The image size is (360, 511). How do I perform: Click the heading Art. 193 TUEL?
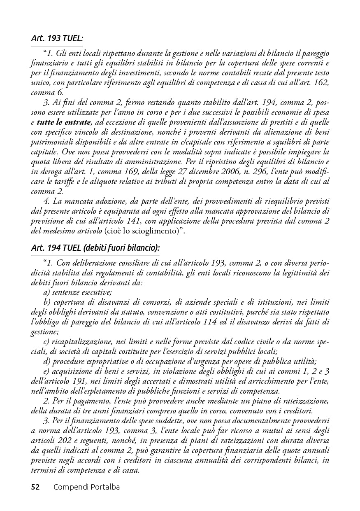pyautogui.click(x=57, y=38)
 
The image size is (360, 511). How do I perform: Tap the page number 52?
pyautogui.click(x=35, y=487)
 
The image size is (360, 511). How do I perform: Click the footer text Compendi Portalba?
pyautogui.click(x=86, y=487)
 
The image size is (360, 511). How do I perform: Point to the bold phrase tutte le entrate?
pyautogui.click(x=63, y=122)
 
